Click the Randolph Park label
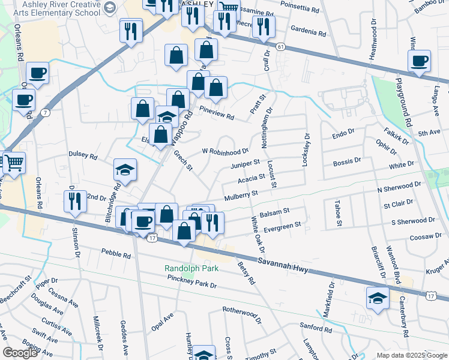coord(191,268)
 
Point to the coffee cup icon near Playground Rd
coord(419,60)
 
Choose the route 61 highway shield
coord(280,46)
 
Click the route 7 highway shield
coord(45,112)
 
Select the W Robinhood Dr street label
coord(225,151)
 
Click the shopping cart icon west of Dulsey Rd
coord(13,162)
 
